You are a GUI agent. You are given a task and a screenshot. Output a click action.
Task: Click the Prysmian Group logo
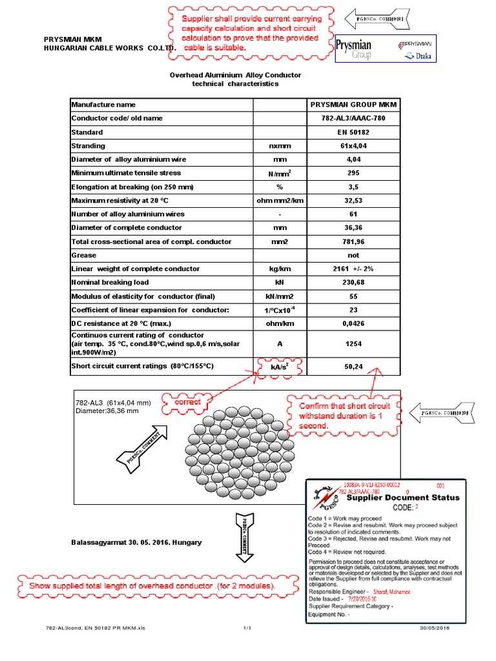355,50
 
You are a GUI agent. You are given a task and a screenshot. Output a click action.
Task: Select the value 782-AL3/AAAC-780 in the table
353,118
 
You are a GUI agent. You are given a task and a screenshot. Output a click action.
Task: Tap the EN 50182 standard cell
353,132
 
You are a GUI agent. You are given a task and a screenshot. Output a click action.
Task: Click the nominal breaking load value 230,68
353,282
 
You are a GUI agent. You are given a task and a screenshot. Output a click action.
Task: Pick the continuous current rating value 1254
353,344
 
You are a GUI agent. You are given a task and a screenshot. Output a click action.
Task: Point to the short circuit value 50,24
353,367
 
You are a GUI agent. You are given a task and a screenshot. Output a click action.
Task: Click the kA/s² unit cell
280,367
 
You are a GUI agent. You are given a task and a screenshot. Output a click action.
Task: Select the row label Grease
83,255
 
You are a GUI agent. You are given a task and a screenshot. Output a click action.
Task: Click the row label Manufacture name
103,105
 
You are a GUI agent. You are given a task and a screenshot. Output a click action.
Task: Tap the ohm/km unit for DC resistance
280,323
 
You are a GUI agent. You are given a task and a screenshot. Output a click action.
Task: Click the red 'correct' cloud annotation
188,402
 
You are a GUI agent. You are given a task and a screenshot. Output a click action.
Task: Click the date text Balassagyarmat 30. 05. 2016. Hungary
136,542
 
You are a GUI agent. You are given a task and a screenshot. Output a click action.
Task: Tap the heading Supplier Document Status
403,498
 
